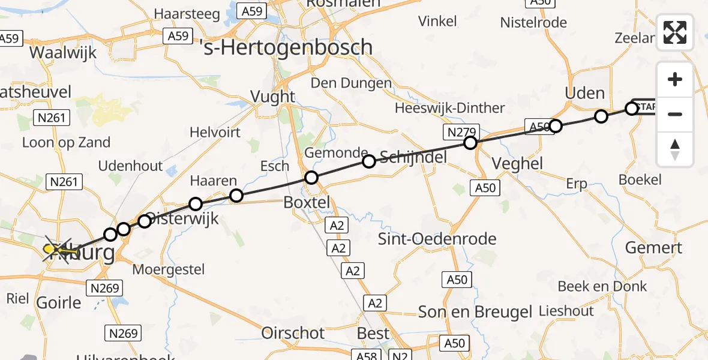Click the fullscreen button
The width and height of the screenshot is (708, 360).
[x=675, y=32]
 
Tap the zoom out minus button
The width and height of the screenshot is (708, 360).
[x=675, y=114]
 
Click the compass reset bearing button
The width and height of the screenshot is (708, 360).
[x=675, y=149]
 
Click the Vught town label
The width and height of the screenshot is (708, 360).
[x=273, y=96]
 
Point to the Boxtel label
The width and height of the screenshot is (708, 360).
[x=307, y=203]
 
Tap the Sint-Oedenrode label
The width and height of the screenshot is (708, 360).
[x=437, y=239]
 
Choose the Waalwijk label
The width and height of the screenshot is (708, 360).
[x=63, y=52]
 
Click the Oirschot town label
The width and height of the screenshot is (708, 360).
[x=293, y=333]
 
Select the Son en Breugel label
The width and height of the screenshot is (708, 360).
[x=475, y=312]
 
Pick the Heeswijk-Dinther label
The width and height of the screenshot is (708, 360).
[x=450, y=108]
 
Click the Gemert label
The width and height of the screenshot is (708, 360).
[x=653, y=247]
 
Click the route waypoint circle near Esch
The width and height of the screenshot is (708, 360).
[x=311, y=178]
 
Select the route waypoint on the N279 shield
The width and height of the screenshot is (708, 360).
[x=470, y=143]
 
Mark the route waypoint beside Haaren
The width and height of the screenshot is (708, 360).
[x=236, y=196]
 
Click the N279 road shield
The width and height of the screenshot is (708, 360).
[x=460, y=131]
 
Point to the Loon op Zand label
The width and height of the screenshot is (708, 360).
[x=66, y=142]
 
